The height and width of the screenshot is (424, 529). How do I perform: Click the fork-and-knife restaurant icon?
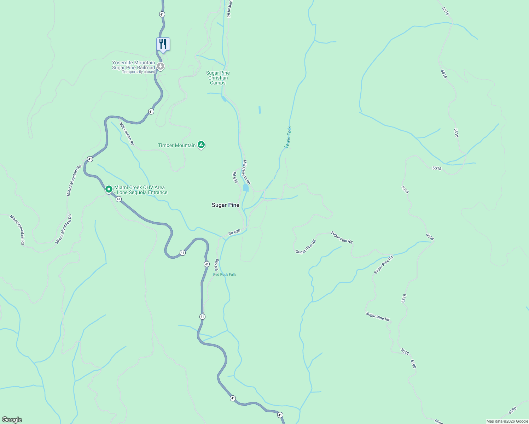(x=163, y=44)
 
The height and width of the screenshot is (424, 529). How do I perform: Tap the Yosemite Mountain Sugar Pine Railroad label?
(x=133, y=65)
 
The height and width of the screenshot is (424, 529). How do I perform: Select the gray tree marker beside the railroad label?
(x=161, y=66)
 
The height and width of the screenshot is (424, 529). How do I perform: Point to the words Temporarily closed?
(x=139, y=72)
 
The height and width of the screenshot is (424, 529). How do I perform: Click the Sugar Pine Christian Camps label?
(x=218, y=78)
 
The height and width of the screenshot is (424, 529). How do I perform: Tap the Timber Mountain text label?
(x=177, y=145)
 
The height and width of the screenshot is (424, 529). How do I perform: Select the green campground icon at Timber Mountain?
(x=201, y=145)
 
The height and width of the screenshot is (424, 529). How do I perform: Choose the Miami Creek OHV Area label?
(x=140, y=190)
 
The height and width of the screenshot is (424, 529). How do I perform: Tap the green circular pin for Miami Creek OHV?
(x=109, y=189)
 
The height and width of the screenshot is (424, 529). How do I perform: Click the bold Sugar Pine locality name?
(x=226, y=205)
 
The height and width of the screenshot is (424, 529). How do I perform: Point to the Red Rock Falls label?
(x=225, y=275)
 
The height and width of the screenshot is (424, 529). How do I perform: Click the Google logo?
(x=12, y=420)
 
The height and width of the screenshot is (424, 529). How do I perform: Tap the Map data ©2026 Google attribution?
(x=507, y=421)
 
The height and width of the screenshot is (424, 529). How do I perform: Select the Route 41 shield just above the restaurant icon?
(x=162, y=14)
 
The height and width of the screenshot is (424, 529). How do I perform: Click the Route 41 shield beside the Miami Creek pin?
(x=118, y=199)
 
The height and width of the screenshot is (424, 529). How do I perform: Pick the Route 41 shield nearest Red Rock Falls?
(x=207, y=264)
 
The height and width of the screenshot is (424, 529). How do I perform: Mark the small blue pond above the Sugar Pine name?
(x=246, y=188)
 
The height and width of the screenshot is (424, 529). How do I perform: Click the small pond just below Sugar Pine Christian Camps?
(x=224, y=98)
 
